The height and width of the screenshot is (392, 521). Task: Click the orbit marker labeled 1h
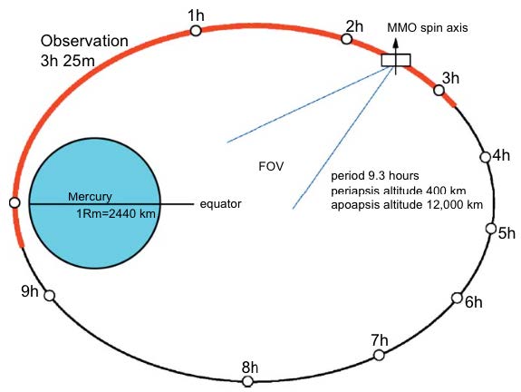196,31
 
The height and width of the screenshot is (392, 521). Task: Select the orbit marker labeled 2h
346,39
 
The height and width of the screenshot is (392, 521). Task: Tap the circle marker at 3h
439,90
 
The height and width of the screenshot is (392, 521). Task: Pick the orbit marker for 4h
486,157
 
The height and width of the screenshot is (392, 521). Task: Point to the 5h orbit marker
491,229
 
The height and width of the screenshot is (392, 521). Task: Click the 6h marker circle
457,298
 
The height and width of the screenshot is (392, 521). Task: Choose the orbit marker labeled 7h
379,355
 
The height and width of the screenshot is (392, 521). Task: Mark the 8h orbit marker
247,381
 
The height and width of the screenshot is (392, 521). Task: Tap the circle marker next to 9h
50,296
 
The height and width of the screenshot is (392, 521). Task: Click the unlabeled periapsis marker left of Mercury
14,202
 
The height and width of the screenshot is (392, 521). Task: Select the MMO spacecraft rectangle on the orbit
396,60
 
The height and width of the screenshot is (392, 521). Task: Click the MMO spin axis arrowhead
395,43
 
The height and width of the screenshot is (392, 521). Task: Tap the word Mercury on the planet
90,197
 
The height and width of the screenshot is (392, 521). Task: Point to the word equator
220,203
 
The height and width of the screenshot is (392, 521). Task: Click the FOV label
271,166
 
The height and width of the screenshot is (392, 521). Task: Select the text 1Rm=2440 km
116,213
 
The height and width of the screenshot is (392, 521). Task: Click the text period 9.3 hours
375,175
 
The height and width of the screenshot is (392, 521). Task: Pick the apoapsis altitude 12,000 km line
407,205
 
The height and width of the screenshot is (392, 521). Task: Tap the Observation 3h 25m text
84,51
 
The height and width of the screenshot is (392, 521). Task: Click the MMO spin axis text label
428,27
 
